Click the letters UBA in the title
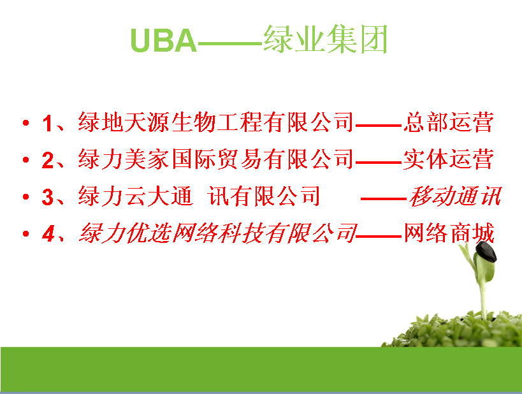pyautogui.click(x=163, y=40)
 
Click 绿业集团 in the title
pyautogui.click(x=325, y=40)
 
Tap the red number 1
pyautogui.click(x=47, y=123)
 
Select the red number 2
pyautogui.click(x=48, y=160)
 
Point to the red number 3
pyautogui.click(x=48, y=197)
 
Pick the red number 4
pyautogui.click(x=48, y=234)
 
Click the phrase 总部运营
pyautogui.click(x=449, y=122)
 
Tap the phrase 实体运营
pyautogui.click(x=449, y=159)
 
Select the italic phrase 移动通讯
pyautogui.click(x=454, y=196)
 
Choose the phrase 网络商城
pyautogui.click(x=449, y=233)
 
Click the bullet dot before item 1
pyautogui.click(x=26, y=123)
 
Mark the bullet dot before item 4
pyautogui.click(x=26, y=234)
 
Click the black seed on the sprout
pyautogui.click(x=486, y=251)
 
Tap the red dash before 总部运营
pyautogui.click(x=379, y=126)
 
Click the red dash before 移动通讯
pyautogui.click(x=384, y=199)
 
